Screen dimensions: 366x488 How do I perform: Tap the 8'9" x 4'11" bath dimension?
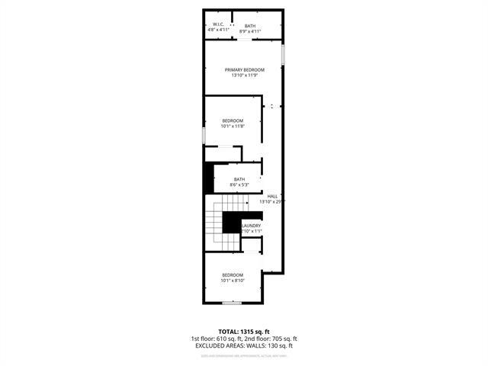(x=250, y=31)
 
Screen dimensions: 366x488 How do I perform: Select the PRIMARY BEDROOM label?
(x=244, y=69)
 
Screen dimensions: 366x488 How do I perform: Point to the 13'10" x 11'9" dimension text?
(x=244, y=75)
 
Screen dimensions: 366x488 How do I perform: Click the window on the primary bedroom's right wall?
(x=284, y=55)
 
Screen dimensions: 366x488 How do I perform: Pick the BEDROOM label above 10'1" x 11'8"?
(x=233, y=120)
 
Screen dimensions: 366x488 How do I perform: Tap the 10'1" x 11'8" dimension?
(x=233, y=127)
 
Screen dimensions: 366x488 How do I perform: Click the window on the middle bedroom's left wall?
(x=204, y=134)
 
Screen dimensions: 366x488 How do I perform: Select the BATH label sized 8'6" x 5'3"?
(x=239, y=179)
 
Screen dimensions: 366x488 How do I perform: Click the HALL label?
(x=272, y=196)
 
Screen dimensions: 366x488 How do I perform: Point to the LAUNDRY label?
(x=252, y=226)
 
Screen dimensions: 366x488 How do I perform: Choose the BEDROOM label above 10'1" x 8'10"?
(x=233, y=274)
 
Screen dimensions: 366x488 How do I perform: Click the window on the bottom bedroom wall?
(x=232, y=303)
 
